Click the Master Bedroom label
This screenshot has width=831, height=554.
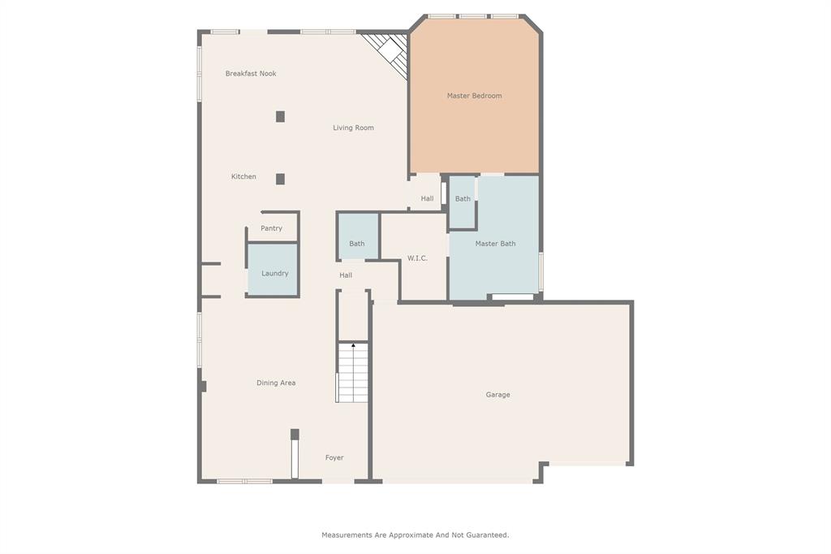pos(474,96)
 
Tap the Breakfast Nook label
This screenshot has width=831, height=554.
pos(251,74)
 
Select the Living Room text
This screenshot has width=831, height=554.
pos(353,128)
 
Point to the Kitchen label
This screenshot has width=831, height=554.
pos(243,177)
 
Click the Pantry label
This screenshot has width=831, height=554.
pos(271,229)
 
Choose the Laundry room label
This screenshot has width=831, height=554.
pos(274,274)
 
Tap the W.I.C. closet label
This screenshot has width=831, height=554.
pos(417,258)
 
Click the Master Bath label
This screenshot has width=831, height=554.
pos(495,244)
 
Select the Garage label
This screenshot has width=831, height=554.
pos(497,395)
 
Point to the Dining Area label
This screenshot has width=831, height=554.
pos(276,383)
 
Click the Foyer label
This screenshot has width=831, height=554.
pos(334,458)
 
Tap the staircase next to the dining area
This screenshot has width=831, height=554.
pos(353,374)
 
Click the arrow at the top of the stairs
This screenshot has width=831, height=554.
pos(353,346)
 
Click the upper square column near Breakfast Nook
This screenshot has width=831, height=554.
pos(280,116)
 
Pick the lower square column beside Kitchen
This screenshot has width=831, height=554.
pos(280,179)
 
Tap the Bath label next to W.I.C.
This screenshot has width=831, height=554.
pos(357,244)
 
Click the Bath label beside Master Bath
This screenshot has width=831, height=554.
pos(463,199)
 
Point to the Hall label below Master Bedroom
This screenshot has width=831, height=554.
pos(427,199)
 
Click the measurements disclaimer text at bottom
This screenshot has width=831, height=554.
pos(415,535)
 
